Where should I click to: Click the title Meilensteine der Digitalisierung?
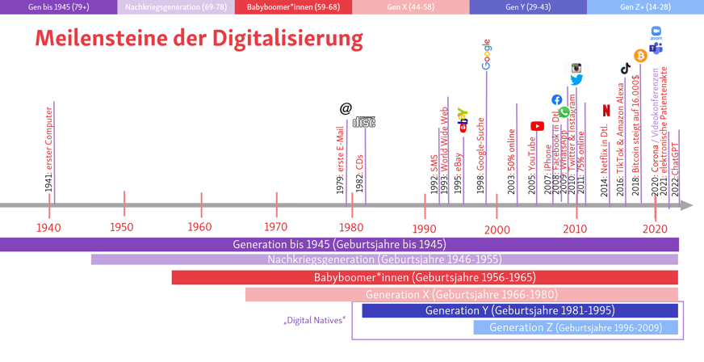pos(199,38)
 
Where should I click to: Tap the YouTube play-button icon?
pos(537,126)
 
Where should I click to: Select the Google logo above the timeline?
pos(486,54)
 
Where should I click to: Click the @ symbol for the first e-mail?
pos(346,108)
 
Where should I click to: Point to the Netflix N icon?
pos(606,111)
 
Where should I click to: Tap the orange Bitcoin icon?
pos(640,56)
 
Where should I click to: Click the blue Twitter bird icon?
pos(576,80)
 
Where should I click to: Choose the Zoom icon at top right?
pos(656,32)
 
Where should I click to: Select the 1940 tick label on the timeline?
pos(48,227)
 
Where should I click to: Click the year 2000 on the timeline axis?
pos(497,229)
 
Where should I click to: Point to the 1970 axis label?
pos(275,227)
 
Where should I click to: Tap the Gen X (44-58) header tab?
pos(410,7)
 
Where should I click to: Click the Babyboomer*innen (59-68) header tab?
pos(293,7)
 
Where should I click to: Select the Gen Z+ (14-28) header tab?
pos(645,7)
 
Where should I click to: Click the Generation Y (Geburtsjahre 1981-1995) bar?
pos(519,311)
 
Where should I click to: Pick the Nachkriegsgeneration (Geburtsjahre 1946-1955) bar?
pos(384,259)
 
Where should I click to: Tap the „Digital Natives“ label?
pos(315,320)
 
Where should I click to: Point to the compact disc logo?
pos(364,122)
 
